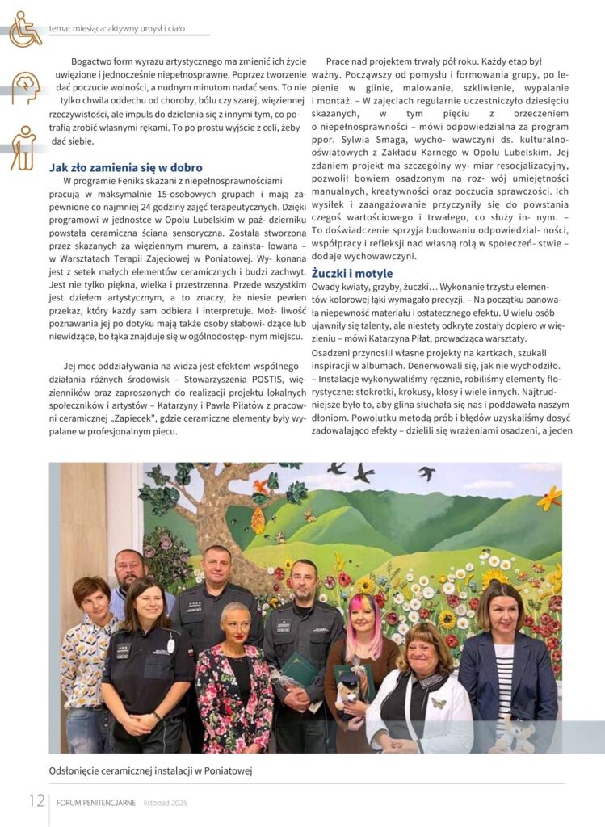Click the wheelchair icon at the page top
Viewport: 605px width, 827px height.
pyautogui.click(x=25, y=29)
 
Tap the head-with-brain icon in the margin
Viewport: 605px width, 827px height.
pyautogui.click(x=25, y=88)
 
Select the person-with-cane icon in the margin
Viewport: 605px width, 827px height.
pyautogui.click(x=24, y=148)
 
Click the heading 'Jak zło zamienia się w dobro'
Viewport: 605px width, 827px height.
pyautogui.click(x=126, y=168)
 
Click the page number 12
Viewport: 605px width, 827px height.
pyautogui.click(x=36, y=801)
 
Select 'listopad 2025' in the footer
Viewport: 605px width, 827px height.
pyautogui.click(x=166, y=803)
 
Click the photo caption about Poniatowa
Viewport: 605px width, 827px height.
pyautogui.click(x=151, y=770)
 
